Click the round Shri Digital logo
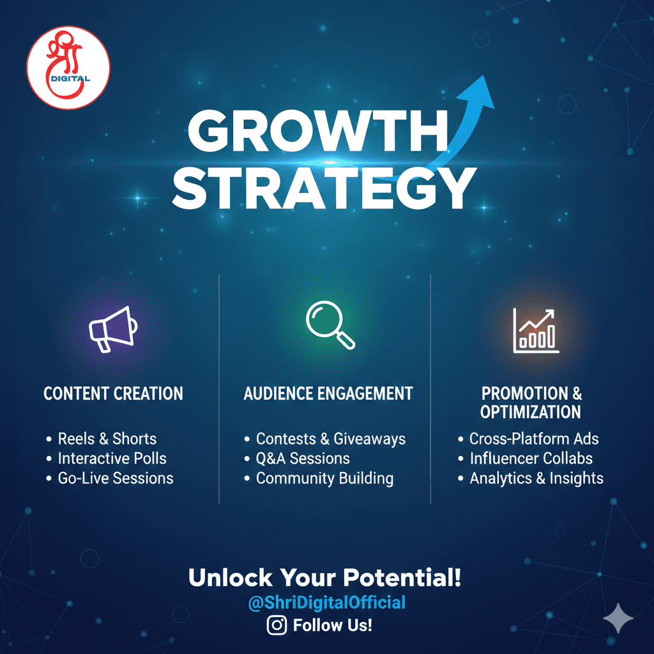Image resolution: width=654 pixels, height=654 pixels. (68, 67)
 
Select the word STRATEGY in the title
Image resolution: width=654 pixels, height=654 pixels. (324, 189)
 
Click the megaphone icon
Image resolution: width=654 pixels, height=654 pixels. (113, 329)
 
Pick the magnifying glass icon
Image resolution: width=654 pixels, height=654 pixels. (330, 325)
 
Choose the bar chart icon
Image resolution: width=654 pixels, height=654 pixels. (536, 331)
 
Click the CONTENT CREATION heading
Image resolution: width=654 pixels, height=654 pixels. (113, 393)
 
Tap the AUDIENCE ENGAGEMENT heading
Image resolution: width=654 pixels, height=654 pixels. (328, 393)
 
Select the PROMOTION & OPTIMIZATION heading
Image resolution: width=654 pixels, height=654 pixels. (531, 402)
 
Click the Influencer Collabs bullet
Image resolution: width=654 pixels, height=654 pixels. (531, 459)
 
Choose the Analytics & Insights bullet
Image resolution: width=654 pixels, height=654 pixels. (536, 478)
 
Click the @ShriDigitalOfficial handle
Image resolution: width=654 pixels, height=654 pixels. (326, 602)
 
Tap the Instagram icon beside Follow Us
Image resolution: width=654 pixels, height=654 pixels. (277, 625)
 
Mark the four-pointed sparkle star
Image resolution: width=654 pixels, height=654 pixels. (618, 618)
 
